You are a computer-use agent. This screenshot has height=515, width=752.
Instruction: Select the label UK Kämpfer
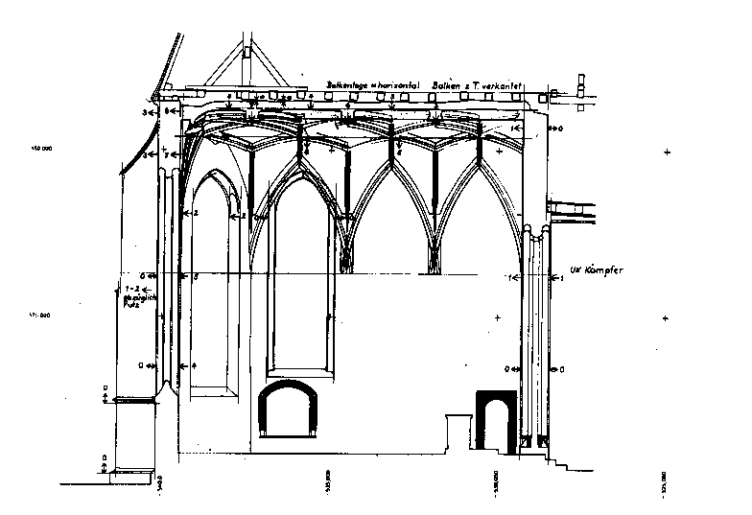597,270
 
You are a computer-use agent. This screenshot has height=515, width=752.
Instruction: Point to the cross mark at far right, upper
666,152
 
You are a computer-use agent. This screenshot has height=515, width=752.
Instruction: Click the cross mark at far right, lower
666,318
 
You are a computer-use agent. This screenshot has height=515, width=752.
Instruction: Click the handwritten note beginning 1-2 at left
130,296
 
